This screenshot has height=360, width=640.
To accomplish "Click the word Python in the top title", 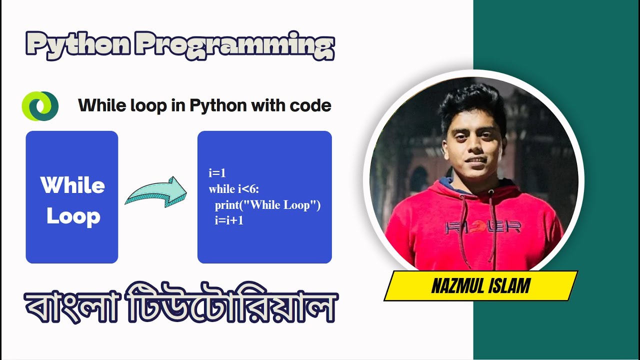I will click(78, 45).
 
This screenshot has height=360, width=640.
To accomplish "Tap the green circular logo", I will click(40, 106).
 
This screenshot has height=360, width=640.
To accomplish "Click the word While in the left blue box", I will click(72, 185).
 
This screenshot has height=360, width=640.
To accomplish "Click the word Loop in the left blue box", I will click(73, 216).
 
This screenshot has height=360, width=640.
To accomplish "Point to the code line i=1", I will click(217, 173).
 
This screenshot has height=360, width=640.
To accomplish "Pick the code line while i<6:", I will click(234, 189).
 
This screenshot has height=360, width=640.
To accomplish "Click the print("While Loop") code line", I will click(267, 205).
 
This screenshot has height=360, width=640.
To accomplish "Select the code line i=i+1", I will click(229, 220).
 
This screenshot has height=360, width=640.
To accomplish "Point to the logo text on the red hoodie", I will click(483, 227).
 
